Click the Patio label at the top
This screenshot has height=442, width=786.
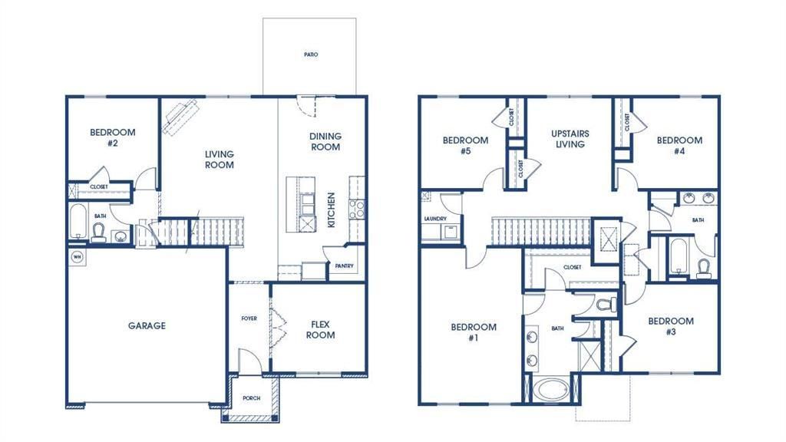point(310,55)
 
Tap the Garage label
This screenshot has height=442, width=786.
point(147,325)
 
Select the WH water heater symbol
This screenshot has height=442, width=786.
point(77,256)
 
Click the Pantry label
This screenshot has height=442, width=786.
point(342,266)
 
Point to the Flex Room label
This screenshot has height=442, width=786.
point(320,329)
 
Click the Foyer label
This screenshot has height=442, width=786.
point(249,318)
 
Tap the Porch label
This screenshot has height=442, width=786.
point(251,398)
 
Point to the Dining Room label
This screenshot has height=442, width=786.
point(325,141)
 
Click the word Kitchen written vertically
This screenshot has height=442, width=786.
point(332,209)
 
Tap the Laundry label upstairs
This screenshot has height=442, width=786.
point(434,219)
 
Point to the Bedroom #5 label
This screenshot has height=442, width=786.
point(465,146)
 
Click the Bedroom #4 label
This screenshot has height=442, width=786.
point(679,146)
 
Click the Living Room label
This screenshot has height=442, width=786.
point(219,159)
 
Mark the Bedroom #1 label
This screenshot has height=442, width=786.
point(473,332)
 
